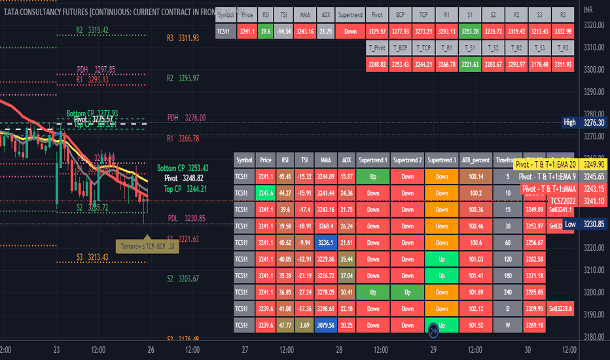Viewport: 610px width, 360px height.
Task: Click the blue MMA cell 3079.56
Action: click(x=327, y=325)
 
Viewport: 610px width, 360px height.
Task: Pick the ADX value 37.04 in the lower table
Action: click(x=347, y=276)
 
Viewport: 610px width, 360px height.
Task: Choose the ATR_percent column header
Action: click(x=475, y=160)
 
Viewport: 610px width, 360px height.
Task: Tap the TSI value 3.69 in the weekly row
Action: click(x=305, y=325)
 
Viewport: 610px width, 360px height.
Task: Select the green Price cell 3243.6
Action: click(x=265, y=193)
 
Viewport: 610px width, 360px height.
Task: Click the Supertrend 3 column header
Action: click(x=442, y=160)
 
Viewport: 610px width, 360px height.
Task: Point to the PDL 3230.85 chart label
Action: click(x=186, y=218)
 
